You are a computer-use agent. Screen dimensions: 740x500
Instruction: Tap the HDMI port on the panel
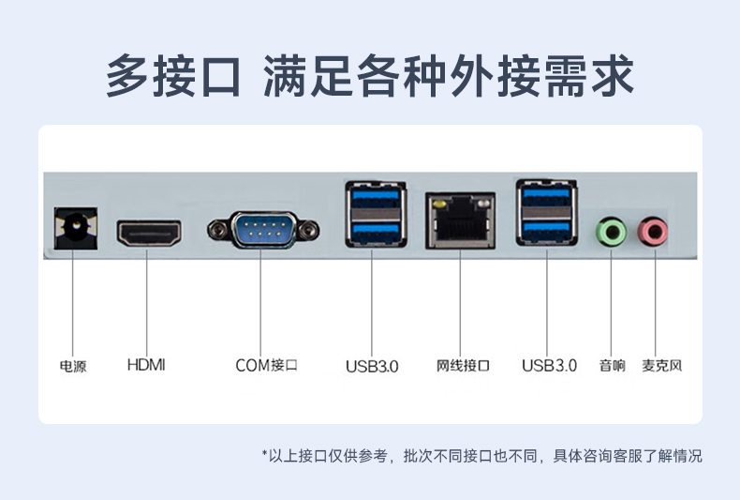[148, 232]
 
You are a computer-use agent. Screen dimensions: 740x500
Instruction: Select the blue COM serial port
[262, 228]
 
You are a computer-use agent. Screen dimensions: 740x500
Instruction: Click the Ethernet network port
[460, 221]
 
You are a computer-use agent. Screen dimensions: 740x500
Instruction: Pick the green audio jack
[611, 231]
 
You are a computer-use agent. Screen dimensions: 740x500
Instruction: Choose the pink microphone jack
[653, 231]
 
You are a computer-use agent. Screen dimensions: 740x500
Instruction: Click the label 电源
[73, 366]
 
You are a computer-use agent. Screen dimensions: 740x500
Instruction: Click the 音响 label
[612, 365]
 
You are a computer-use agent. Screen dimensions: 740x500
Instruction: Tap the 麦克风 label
[662, 365]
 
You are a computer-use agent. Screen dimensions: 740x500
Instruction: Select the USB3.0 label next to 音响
[549, 365]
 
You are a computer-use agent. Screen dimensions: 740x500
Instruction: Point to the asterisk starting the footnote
[265, 455]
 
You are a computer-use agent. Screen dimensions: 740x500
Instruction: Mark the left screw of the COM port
[217, 228]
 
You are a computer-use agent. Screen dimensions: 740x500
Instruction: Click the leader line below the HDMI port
[147, 300]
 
